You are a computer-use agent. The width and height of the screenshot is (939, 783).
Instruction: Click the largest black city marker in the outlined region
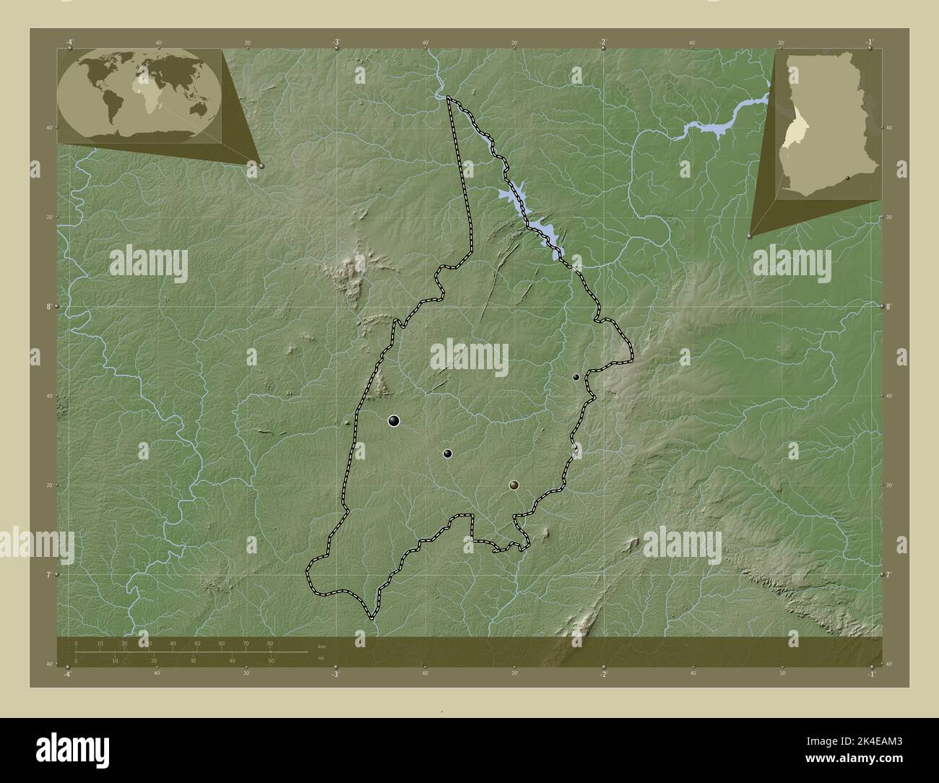(x=394, y=420)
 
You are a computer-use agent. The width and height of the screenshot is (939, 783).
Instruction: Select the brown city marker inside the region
(x=514, y=485)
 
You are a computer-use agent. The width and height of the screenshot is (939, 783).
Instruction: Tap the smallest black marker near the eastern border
(x=576, y=377)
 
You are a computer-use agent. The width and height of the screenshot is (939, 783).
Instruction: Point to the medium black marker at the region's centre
(x=448, y=454)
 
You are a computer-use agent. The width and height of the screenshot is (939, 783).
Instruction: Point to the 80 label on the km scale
(x=270, y=643)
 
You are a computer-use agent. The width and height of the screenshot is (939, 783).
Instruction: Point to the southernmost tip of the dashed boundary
(x=371, y=618)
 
